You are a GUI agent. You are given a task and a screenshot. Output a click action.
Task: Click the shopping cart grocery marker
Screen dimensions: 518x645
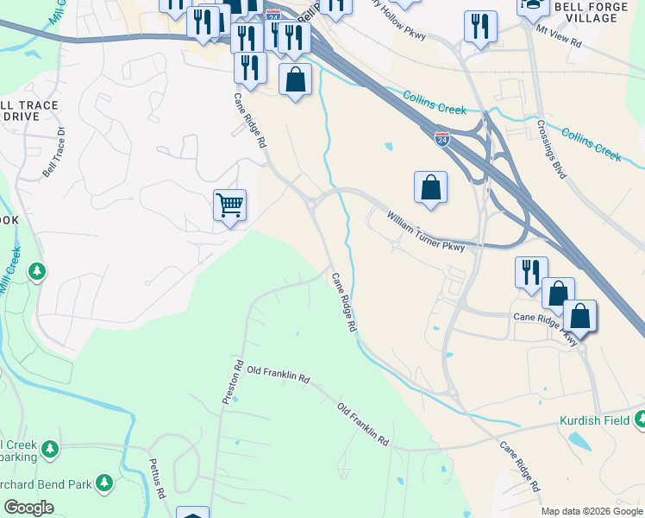tap(229, 205)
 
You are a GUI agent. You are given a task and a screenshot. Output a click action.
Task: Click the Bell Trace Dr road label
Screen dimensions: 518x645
tap(54, 152)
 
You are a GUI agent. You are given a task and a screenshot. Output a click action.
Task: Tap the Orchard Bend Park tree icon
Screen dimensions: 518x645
tap(104, 482)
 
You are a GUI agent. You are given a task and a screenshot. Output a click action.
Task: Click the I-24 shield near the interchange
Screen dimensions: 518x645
tap(441, 137)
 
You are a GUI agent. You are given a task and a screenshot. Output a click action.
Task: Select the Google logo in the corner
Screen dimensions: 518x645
tap(28, 508)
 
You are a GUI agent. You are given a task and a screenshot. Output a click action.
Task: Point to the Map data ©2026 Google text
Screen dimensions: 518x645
tap(592, 511)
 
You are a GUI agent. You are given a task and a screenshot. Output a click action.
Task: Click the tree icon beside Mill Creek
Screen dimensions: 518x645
tap(36, 273)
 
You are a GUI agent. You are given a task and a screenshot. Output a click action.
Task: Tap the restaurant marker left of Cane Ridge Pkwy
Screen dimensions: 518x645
tap(531, 272)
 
